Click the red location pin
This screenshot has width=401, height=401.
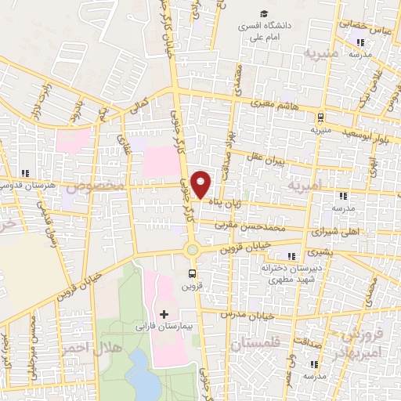[202, 183]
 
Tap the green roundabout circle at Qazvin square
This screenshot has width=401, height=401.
[192, 250]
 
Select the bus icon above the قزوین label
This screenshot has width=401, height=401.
[192, 273]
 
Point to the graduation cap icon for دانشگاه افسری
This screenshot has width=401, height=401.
[265, 13]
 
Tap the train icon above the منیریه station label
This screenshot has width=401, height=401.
[320, 117]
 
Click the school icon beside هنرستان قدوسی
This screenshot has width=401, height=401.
[24, 173]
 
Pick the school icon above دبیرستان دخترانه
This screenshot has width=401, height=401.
[292, 256]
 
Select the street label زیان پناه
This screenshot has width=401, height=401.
[224, 202]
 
